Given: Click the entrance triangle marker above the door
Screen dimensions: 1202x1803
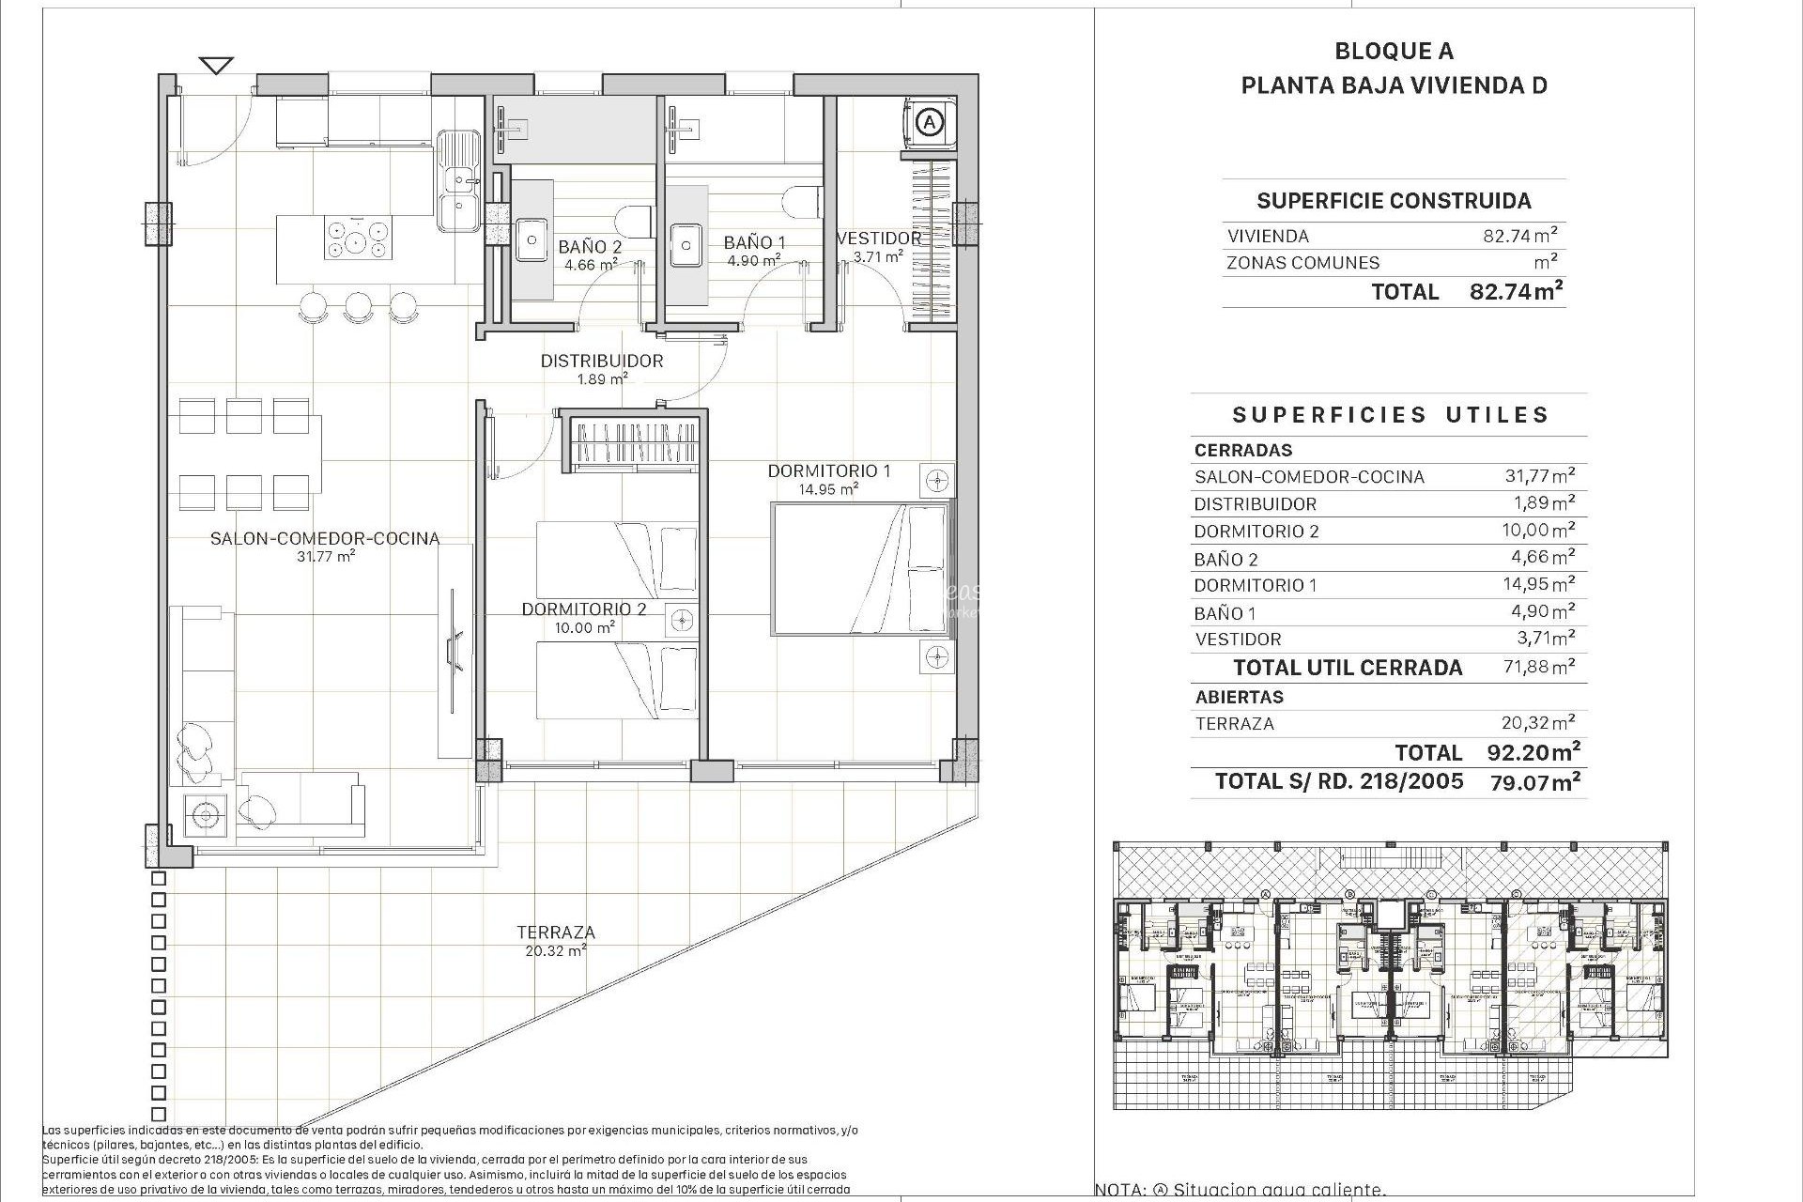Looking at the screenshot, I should tap(217, 66).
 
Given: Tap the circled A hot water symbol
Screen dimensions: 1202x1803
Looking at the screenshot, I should tap(929, 121).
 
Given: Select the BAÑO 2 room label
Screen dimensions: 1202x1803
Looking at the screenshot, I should tap(590, 247).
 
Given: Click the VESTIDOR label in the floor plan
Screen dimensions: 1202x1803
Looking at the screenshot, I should tap(879, 239).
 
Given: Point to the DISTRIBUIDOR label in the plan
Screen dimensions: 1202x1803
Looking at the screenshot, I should tap(601, 362).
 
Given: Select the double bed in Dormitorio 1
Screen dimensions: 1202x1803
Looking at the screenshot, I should tap(859, 569).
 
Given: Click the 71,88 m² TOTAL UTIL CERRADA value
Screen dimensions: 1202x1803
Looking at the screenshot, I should tap(1539, 667).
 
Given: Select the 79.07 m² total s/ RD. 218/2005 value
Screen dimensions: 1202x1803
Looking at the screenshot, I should tap(1534, 781).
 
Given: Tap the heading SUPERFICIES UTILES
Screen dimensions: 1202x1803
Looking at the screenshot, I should tap(1390, 415).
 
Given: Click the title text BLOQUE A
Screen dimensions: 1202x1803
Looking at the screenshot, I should tap(1394, 52).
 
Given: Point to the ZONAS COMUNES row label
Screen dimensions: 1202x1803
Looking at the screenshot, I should tap(1302, 263).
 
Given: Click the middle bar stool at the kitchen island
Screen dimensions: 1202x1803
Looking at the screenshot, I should tap(358, 305).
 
